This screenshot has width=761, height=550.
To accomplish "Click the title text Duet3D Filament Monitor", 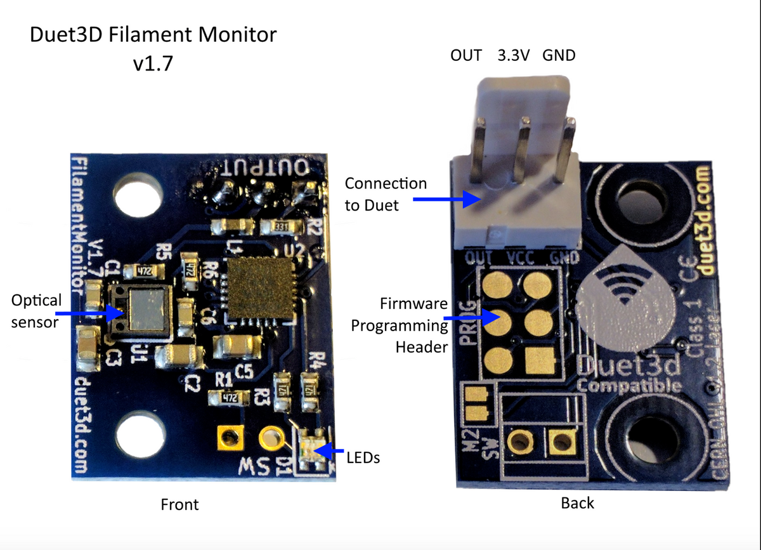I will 153,35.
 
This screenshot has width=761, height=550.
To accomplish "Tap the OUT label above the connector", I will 466,55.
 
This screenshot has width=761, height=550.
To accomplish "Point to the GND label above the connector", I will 559,55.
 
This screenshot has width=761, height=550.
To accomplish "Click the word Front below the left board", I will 179,504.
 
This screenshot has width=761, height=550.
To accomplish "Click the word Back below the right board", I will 577,503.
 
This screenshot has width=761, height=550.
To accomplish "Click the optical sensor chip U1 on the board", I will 141,309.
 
